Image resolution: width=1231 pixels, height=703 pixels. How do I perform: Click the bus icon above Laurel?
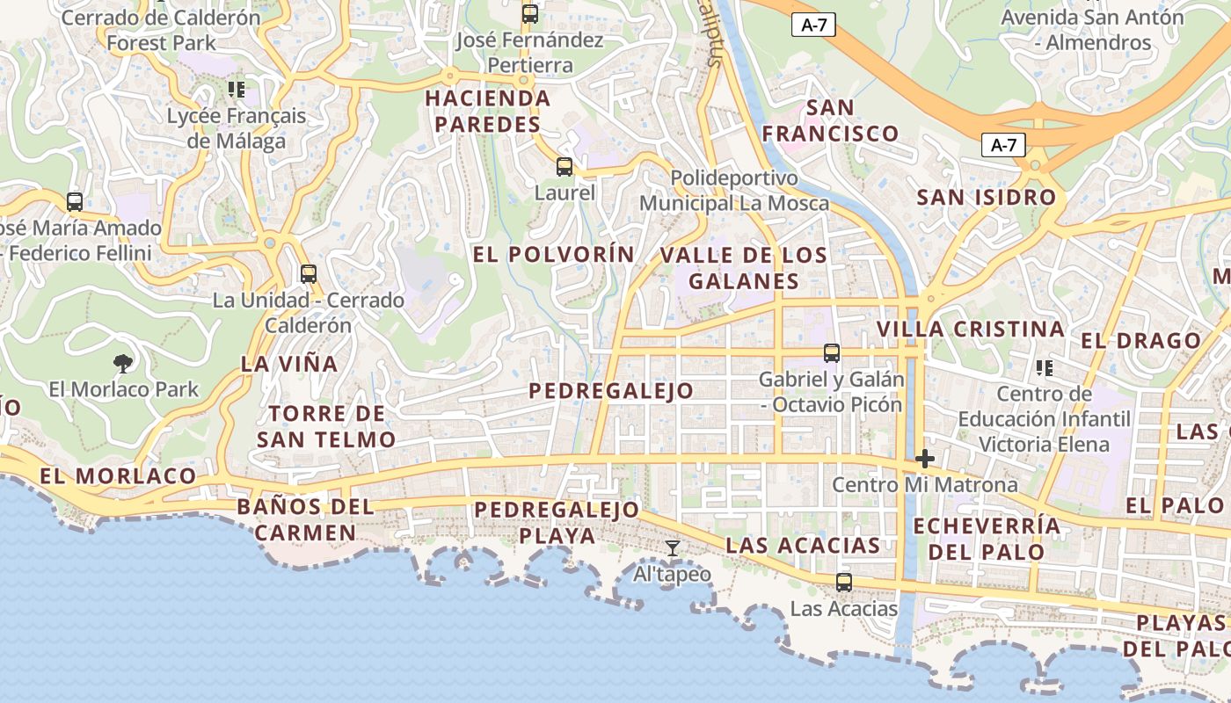point(565,166)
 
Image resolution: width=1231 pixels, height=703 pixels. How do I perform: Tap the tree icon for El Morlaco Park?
point(123,362)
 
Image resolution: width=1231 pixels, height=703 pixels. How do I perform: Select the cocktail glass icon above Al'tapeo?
point(673,548)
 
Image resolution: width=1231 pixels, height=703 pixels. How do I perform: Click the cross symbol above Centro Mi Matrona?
point(924,459)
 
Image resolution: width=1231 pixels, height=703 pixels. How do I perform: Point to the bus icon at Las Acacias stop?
point(844,582)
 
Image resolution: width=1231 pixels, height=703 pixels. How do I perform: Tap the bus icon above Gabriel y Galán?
point(832,353)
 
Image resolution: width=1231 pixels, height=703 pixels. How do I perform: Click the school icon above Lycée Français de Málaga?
point(236,89)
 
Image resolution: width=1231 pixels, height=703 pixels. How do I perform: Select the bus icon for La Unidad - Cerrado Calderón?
point(308,273)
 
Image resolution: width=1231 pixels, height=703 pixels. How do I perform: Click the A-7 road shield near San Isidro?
point(1003,146)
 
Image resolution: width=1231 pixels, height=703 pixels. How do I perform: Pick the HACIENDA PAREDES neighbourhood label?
point(488,111)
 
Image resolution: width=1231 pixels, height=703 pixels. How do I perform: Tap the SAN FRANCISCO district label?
point(830,120)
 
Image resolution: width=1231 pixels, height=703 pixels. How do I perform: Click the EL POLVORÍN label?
point(554,255)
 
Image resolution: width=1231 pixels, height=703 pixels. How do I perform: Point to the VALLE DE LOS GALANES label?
point(744,268)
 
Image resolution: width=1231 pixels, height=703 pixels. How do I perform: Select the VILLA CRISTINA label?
point(971,330)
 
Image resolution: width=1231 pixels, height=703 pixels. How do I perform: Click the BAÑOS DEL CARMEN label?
point(306,519)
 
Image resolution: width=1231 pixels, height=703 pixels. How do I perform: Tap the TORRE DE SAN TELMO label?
point(327,426)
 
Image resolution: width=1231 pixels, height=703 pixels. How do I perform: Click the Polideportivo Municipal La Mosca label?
point(734,191)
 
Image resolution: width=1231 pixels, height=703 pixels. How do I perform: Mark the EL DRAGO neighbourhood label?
point(1141,341)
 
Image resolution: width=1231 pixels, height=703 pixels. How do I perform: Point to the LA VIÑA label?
point(289,364)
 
